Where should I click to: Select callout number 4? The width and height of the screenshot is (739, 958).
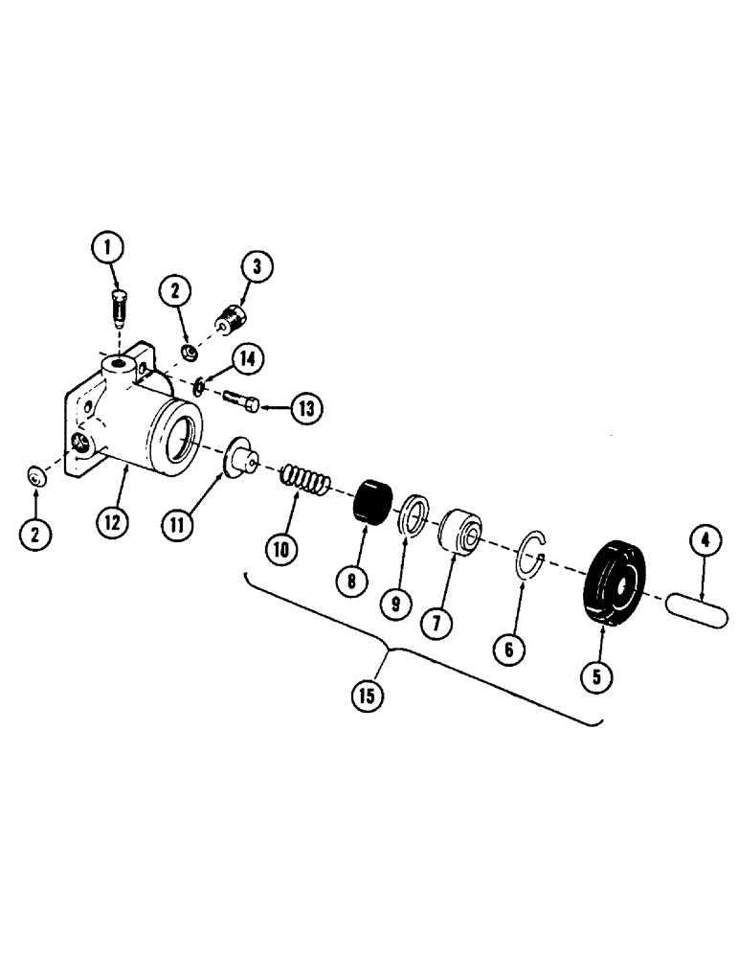(x=705, y=542)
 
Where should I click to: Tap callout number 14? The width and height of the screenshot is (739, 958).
(x=247, y=359)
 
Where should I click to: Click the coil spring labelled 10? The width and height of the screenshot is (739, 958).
(x=304, y=479)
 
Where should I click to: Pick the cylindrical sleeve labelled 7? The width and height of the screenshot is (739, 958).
(x=459, y=533)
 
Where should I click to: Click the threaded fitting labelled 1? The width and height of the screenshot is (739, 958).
(x=118, y=308)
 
